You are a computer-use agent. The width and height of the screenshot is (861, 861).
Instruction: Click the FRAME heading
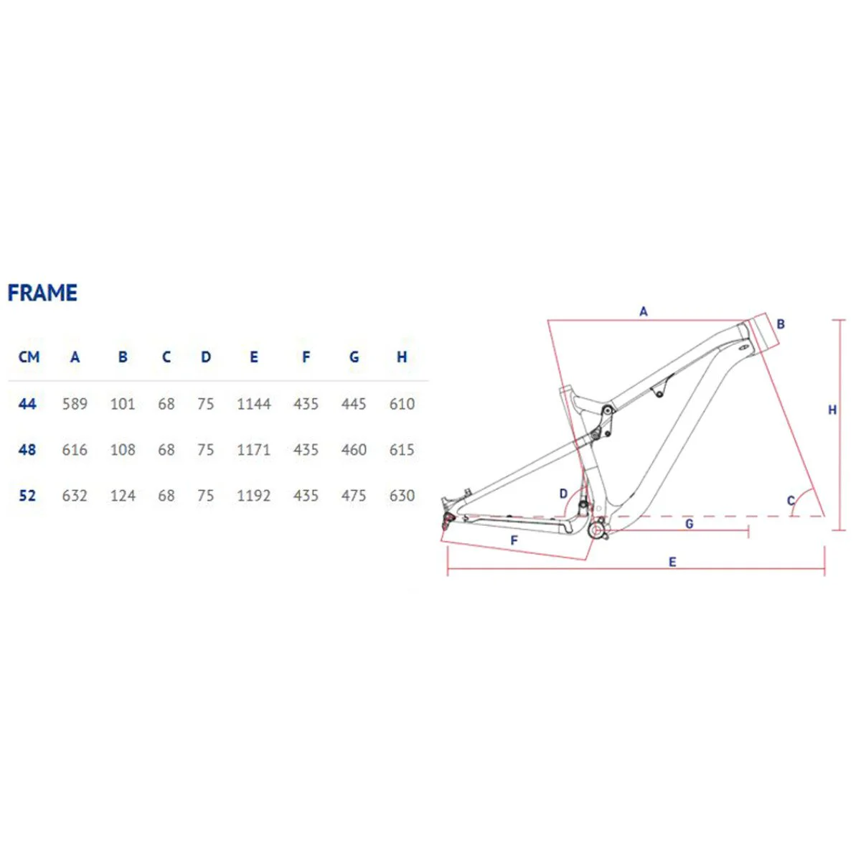point(42,293)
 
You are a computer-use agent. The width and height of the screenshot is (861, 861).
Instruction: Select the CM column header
point(29,357)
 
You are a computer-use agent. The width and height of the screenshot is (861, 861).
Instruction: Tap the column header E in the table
point(254,357)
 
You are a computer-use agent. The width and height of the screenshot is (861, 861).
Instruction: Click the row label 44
point(27,404)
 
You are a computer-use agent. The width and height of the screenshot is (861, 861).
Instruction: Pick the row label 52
point(27,496)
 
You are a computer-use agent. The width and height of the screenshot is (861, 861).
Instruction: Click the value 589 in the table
point(75,404)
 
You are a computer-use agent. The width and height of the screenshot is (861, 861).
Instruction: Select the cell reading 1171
point(254,449)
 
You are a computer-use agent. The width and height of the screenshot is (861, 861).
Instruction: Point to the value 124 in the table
point(123,496)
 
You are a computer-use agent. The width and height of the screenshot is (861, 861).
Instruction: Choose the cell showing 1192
point(254,496)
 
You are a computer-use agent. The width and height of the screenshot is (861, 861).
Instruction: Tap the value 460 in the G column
point(354,449)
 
